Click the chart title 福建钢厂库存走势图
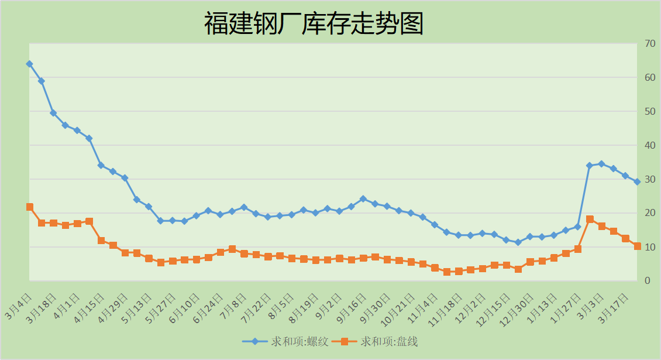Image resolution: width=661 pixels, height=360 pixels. (x=314, y=25)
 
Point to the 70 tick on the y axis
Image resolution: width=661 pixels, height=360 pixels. (x=649, y=43)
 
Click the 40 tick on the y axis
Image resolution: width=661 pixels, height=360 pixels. (x=649, y=145)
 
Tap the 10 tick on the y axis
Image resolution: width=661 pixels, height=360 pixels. (x=649, y=247)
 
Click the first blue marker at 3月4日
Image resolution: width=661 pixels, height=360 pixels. (x=29, y=64)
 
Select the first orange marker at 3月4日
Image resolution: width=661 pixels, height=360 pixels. (x=29, y=207)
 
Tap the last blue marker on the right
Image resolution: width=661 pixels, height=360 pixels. (x=637, y=182)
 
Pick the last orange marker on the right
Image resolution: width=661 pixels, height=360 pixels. (x=637, y=246)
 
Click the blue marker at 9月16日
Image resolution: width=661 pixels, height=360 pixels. (x=363, y=199)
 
